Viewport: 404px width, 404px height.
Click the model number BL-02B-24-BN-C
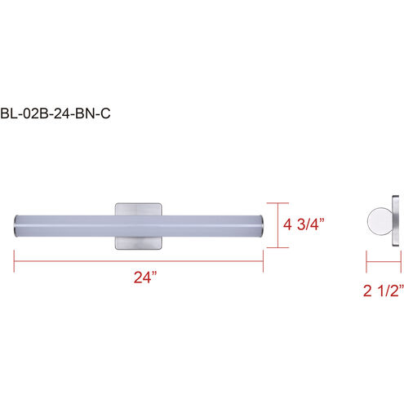55,113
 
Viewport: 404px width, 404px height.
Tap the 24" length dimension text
145,277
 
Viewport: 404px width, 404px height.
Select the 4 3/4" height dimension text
304,224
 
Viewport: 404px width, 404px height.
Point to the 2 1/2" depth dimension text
384,291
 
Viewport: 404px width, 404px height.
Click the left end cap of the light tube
16,226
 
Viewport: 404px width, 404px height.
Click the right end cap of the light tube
262,226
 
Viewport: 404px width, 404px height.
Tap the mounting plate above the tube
139,209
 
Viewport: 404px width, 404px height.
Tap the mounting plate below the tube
139,242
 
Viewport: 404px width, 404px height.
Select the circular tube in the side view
380,221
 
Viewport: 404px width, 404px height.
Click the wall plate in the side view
396,221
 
